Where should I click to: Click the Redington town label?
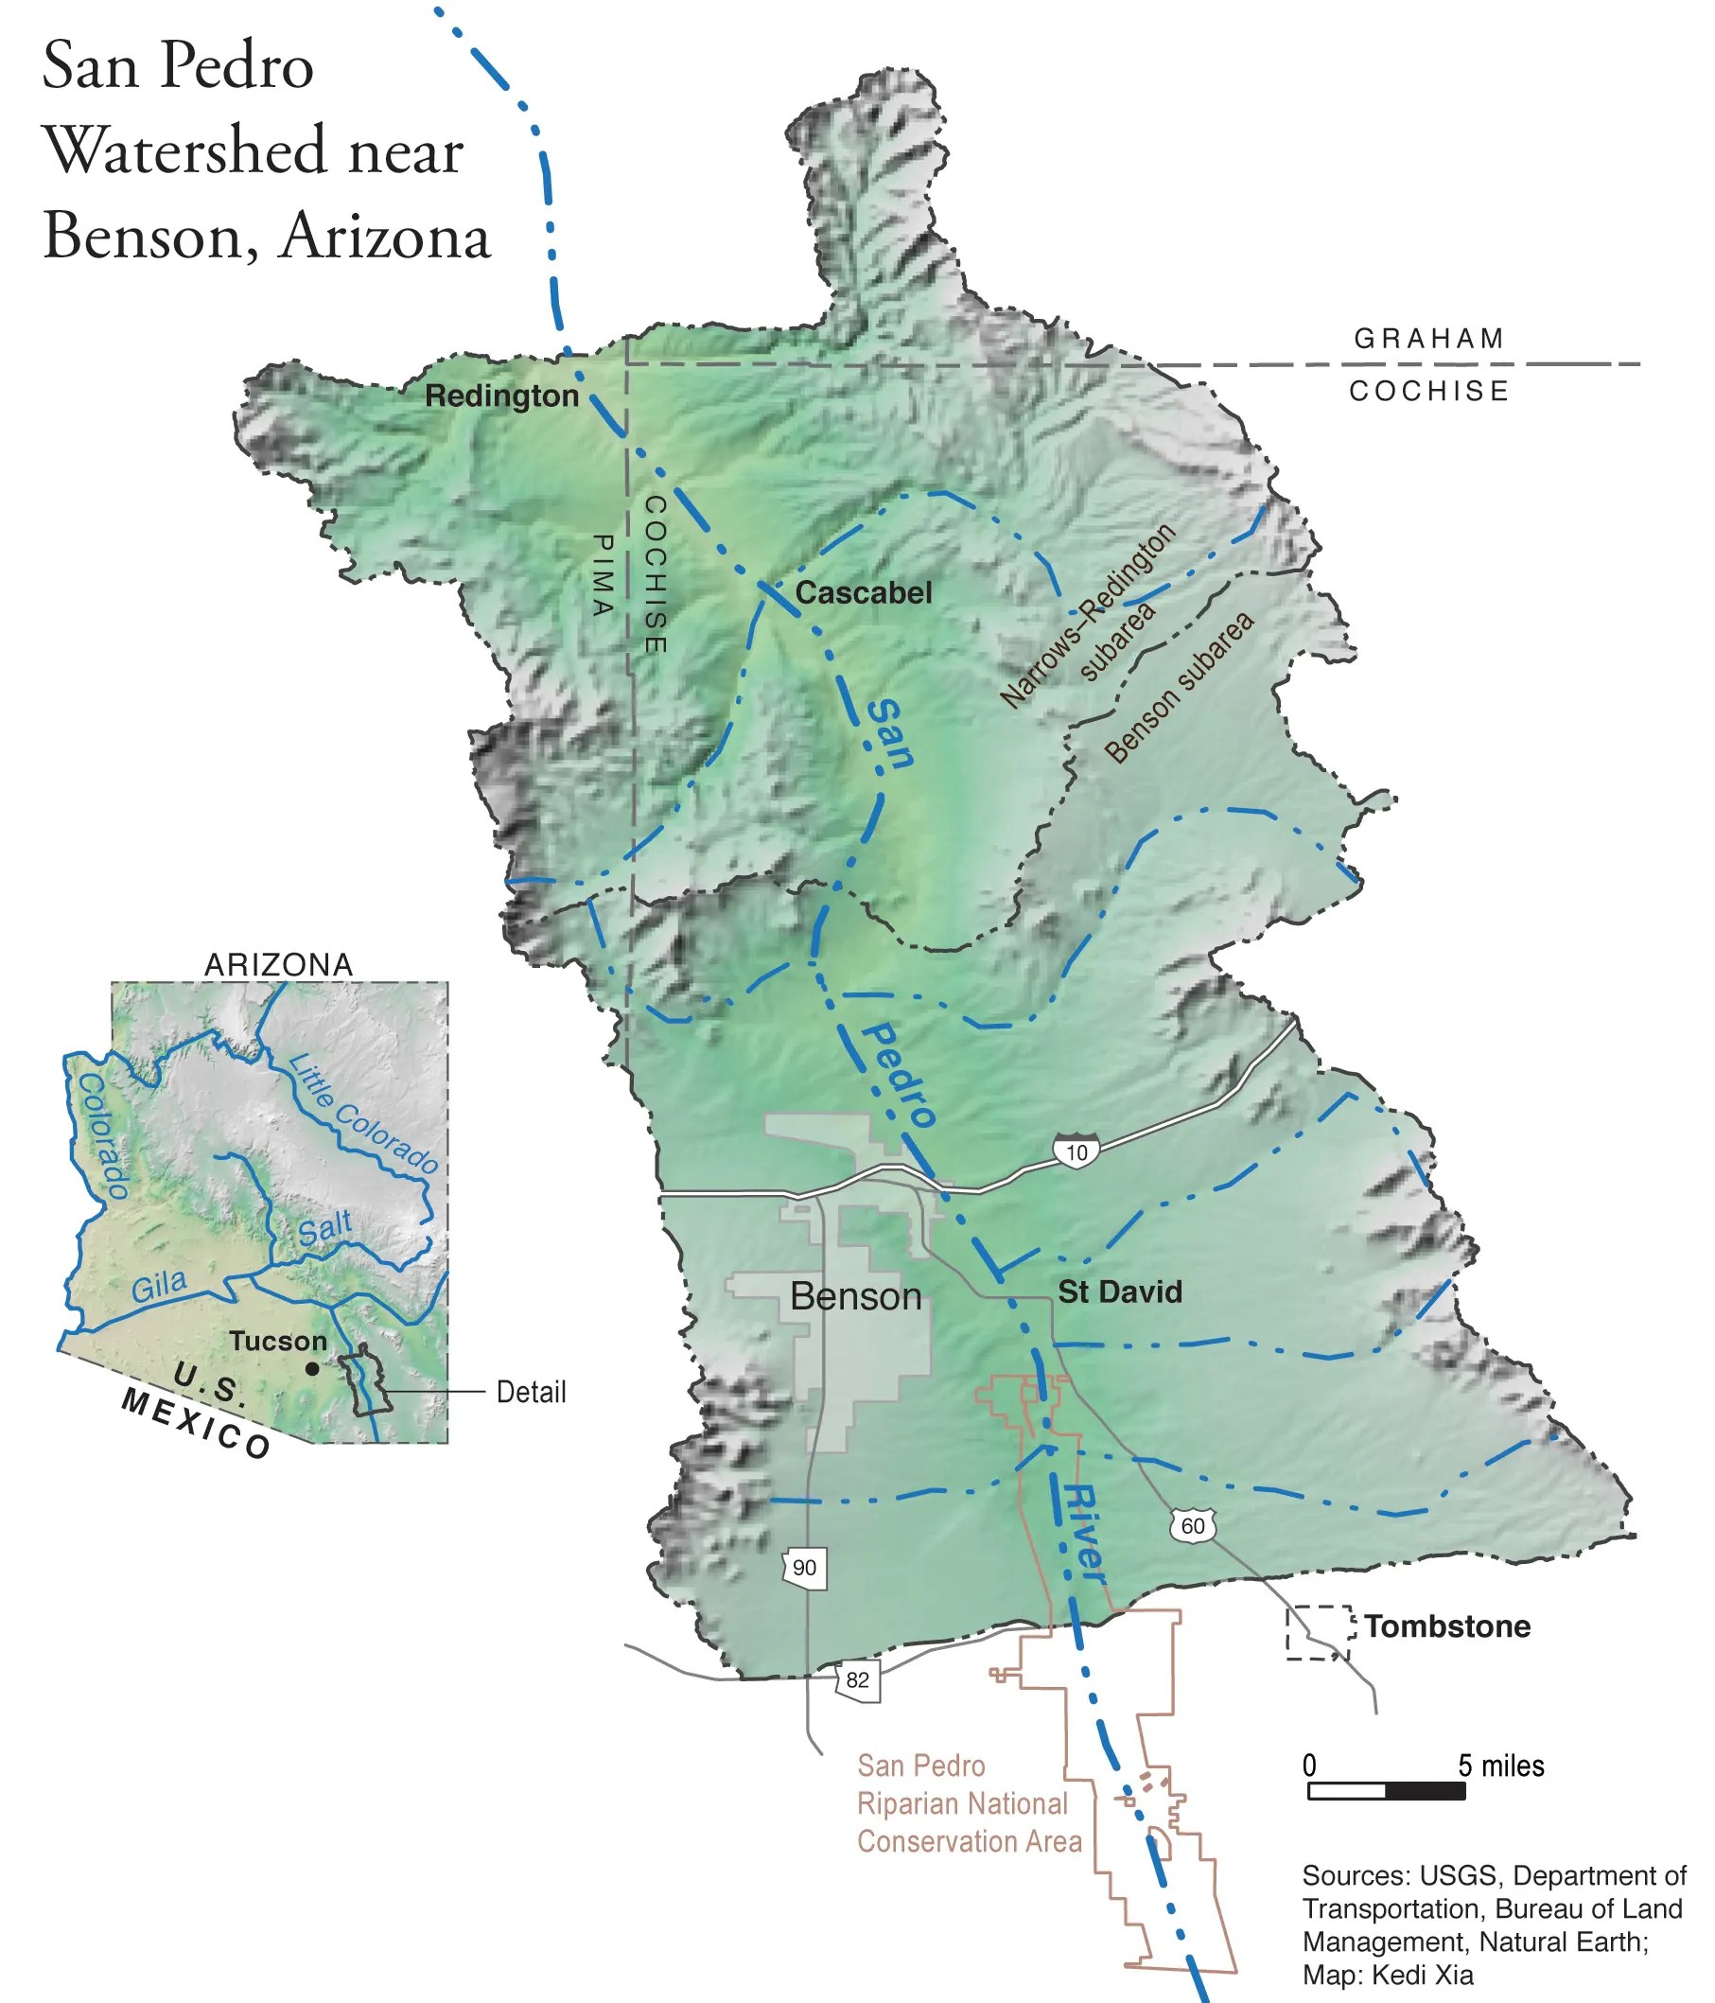(501, 395)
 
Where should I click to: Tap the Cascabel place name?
(864, 592)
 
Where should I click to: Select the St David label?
(1119, 1291)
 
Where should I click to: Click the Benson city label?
(855, 1296)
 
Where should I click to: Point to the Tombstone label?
(1447, 1626)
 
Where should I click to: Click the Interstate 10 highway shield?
(1076, 1151)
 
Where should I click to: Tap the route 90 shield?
(804, 1567)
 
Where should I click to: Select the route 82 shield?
(857, 1679)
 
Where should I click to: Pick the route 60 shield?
(1193, 1525)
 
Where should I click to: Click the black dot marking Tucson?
(312, 1369)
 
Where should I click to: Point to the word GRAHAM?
(1428, 339)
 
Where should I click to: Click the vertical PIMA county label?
(603, 575)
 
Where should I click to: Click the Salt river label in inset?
(324, 1229)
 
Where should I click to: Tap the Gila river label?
(160, 1286)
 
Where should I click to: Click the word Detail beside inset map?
(531, 1392)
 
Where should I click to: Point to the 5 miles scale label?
(1500, 1766)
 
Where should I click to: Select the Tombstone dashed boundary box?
(1317, 1634)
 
